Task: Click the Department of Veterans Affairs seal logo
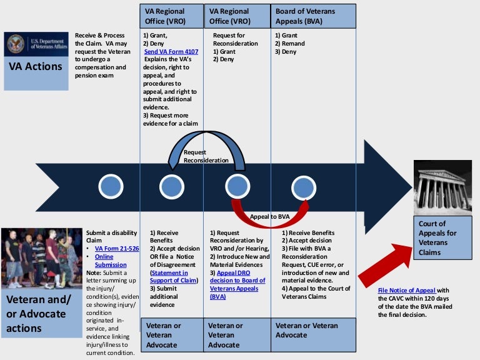coord(16,44)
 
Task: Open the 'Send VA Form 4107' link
coord(171,52)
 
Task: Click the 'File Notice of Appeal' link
coord(407,290)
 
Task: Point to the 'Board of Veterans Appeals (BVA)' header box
coord(314,16)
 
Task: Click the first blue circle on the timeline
coord(110,186)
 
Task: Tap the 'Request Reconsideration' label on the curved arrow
coord(206,156)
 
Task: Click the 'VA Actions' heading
coord(35,67)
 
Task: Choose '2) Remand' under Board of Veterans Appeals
coord(289,44)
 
